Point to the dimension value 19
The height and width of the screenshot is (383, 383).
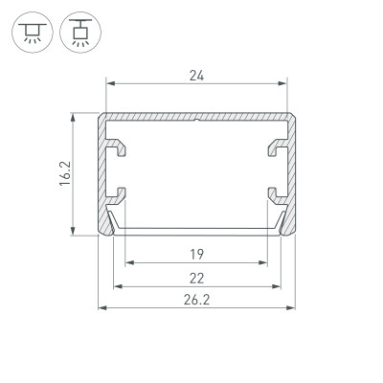pyautogui.click(x=195, y=255)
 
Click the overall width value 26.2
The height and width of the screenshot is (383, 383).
pyautogui.click(x=195, y=299)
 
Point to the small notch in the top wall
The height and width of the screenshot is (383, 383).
pyautogui.click(x=195, y=121)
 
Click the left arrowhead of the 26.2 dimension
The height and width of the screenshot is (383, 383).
pyautogui.click(x=102, y=308)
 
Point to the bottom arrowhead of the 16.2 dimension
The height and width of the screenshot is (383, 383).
pyautogui.click(x=74, y=230)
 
